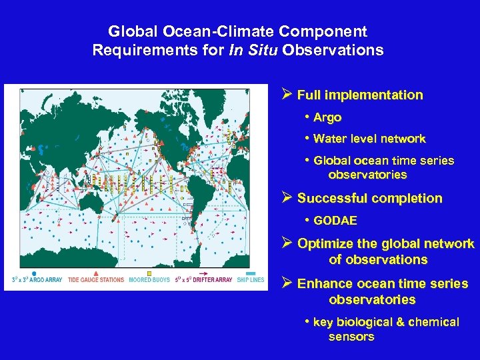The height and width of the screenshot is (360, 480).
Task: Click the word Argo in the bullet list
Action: (x=327, y=117)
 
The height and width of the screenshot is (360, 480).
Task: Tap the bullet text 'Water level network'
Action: (x=369, y=139)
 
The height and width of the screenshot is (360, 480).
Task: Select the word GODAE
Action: (x=335, y=220)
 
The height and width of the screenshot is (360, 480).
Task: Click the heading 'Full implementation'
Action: (x=360, y=95)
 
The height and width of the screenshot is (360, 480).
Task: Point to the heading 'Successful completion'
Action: (x=369, y=198)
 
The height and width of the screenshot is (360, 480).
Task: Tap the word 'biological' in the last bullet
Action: (x=364, y=322)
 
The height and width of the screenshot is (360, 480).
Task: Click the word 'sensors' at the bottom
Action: (x=351, y=337)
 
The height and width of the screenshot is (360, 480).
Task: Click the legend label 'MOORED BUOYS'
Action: (x=149, y=279)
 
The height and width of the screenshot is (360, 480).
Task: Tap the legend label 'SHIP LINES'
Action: (x=250, y=279)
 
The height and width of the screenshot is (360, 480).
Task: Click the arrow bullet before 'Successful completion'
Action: (x=287, y=198)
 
